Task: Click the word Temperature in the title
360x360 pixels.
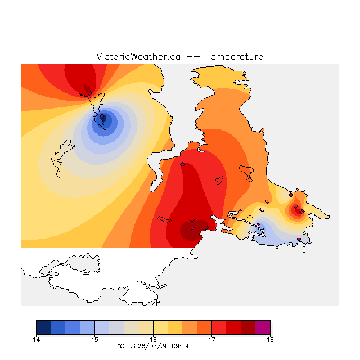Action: pos(234,56)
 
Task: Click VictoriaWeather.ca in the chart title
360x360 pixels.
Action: pos(138,56)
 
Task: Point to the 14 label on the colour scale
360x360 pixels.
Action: pos(36,340)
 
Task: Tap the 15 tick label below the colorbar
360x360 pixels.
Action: pos(94,340)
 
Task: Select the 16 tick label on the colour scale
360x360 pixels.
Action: pos(153,340)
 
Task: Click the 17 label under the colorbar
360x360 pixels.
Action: pos(211,340)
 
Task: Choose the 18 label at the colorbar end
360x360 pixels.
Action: pos(270,340)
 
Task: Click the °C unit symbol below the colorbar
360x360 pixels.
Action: pos(121,346)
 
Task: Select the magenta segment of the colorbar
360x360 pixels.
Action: pos(263,327)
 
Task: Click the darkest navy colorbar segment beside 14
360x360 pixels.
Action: pos(43,327)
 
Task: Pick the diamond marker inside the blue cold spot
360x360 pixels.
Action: pos(102,116)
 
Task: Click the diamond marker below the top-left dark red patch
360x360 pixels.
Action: pos(90,93)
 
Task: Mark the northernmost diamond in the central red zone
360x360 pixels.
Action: pos(182,164)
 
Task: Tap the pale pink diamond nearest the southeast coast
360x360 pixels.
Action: pos(299,238)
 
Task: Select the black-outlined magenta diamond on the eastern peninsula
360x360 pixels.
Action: pos(291,195)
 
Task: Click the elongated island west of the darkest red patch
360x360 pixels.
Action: pos(164,219)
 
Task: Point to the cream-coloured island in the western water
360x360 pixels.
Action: pos(61,159)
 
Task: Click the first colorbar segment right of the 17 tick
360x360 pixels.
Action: pos(219,327)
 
